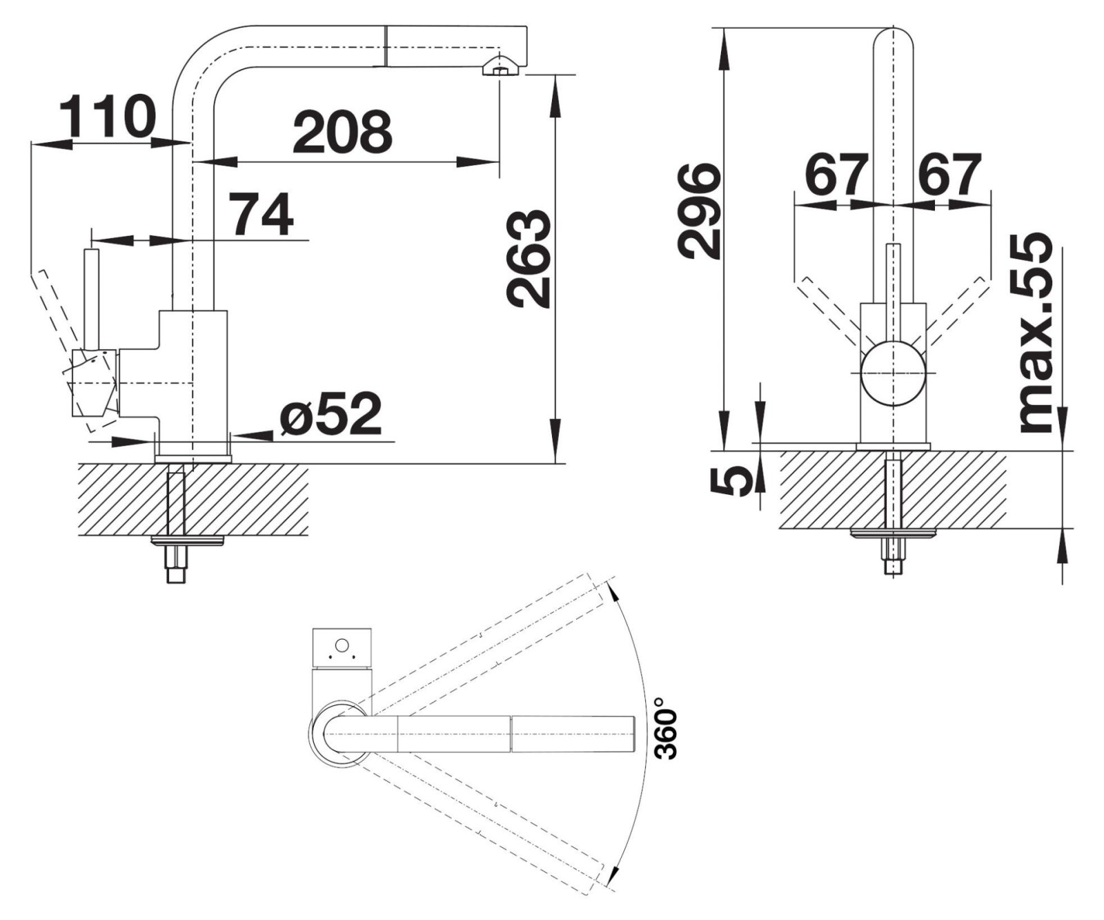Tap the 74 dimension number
[x=260, y=214]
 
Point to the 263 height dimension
[x=529, y=258]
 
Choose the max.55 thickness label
[x=1036, y=334]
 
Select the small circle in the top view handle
[x=341, y=646]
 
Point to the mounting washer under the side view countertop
[x=188, y=540]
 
